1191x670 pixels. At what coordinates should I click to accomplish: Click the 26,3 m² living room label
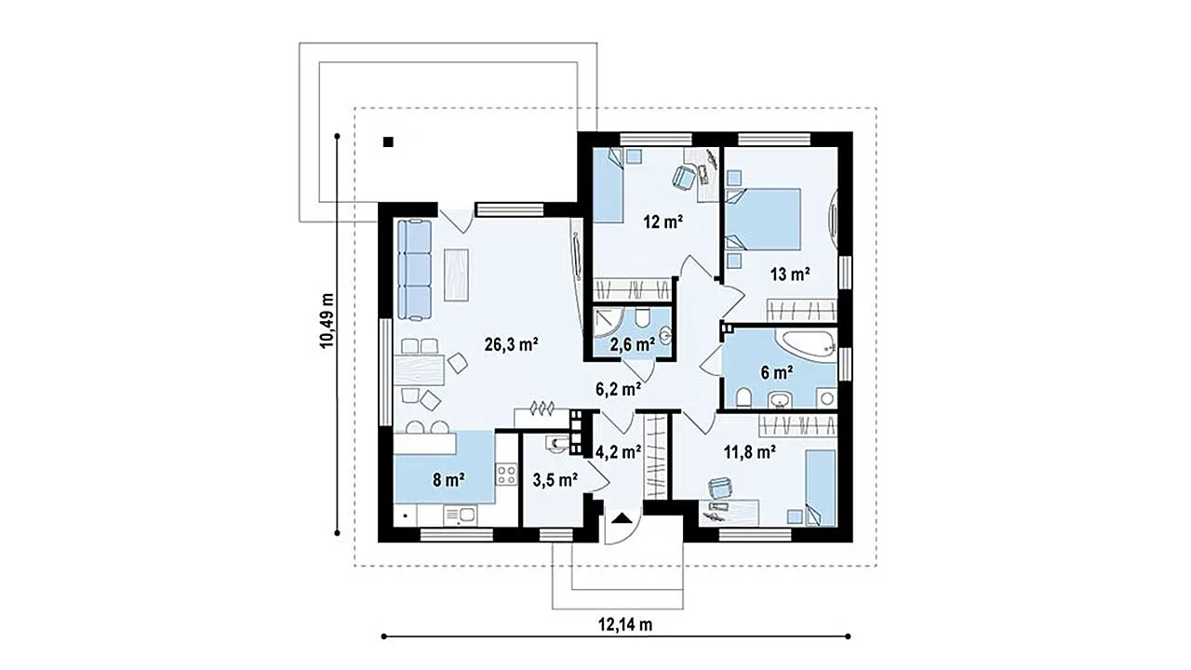pyautogui.click(x=512, y=345)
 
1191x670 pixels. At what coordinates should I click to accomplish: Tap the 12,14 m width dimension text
pyautogui.click(x=625, y=624)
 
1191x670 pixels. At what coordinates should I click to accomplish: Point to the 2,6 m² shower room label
pyautogui.click(x=632, y=345)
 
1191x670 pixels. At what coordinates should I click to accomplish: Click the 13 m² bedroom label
pyautogui.click(x=790, y=275)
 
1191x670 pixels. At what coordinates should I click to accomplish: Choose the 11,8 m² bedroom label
pyautogui.click(x=749, y=452)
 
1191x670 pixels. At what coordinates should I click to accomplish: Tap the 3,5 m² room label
pyautogui.click(x=555, y=480)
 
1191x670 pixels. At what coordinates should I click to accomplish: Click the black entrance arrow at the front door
pyautogui.click(x=621, y=518)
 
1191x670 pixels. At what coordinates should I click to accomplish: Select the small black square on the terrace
pyautogui.click(x=389, y=142)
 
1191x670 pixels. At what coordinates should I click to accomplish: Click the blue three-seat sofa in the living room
pyautogui.click(x=414, y=270)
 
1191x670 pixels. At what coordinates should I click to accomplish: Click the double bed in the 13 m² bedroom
pyautogui.click(x=764, y=219)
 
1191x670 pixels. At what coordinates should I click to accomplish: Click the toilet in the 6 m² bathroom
pyautogui.click(x=743, y=397)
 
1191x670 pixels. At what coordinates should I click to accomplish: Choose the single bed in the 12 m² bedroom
pyautogui.click(x=609, y=185)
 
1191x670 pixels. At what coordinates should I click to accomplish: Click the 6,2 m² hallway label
pyautogui.click(x=618, y=390)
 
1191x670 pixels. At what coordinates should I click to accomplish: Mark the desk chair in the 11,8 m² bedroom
pyautogui.click(x=720, y=488)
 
